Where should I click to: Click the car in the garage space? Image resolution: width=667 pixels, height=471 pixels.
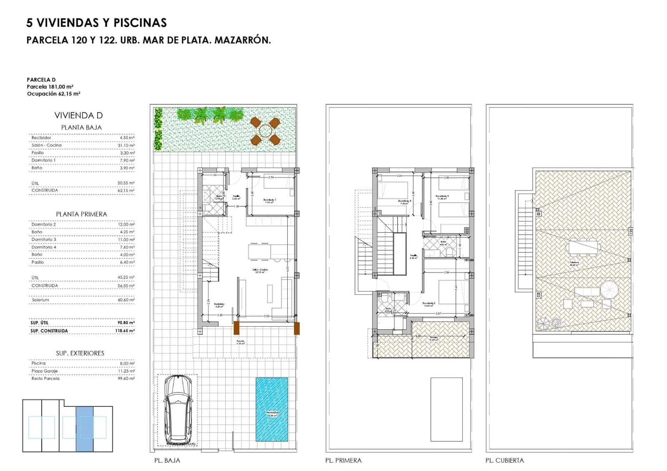click(x=178, y=410)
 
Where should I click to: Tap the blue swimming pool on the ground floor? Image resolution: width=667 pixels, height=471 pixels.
click(x=271, y=410)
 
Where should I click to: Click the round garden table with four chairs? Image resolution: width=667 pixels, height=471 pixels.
click(x=265, y=131)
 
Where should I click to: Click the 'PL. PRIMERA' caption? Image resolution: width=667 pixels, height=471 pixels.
click(x=343, y=461)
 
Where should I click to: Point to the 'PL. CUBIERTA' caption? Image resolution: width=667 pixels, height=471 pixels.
click(x=504, y=461)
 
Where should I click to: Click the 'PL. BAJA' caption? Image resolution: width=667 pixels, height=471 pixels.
click(x=167, y=461)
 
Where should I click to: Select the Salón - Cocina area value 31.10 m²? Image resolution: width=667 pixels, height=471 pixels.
click(x=127, y=145)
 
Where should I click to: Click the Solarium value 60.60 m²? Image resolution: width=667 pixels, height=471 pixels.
click(x=126, y=300)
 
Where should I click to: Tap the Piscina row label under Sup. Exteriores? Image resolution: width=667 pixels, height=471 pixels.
click(x=38, y=363)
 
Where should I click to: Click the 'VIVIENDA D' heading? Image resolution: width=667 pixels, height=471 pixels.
click(x=78, y=115)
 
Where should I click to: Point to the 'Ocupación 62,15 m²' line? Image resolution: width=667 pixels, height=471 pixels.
click(x=53, y=94)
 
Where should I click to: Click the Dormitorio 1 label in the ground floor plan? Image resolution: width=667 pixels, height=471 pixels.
click(x=270, y=200)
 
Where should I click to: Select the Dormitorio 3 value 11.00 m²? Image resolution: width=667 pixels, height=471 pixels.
click(x=126, y=240)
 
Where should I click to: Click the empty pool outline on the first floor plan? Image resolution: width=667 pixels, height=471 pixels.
click(x=446, y=409)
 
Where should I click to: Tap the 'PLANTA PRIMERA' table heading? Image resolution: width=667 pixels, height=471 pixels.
click(x=82, y=214)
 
